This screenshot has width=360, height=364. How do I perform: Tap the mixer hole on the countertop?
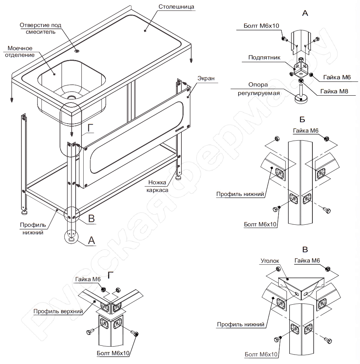coord(77,51)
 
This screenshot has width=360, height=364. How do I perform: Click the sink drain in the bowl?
coord(72,97)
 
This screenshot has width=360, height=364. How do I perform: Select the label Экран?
coord(207,78)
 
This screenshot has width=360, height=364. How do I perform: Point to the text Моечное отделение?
coord(20,51)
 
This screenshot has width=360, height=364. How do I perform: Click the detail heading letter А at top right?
coord(305,13)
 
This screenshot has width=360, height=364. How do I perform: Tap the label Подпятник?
coord(264,57)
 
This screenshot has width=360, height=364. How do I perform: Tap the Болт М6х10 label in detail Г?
coord(113,353)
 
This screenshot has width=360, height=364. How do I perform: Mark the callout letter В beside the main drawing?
coord(92,219)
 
